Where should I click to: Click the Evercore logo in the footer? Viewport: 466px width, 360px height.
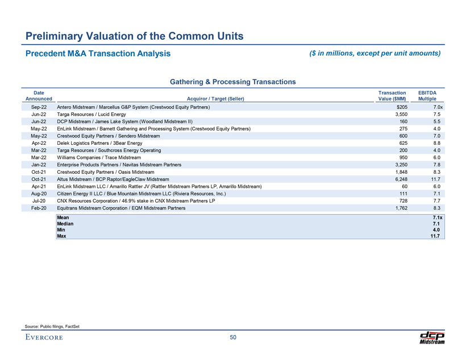[44, 338]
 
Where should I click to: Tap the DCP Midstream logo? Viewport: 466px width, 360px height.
[432, 337]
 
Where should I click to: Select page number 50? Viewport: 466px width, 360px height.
[233, 338]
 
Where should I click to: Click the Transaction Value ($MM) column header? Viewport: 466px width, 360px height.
[392, 95]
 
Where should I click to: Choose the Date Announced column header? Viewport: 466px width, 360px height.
[39, 95]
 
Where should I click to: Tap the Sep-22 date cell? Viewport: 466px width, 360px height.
[39, 107]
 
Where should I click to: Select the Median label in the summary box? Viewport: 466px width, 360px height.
[65, 224]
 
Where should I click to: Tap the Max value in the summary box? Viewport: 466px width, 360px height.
[436, 236]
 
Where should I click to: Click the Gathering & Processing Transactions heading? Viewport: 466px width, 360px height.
[233, 82]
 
